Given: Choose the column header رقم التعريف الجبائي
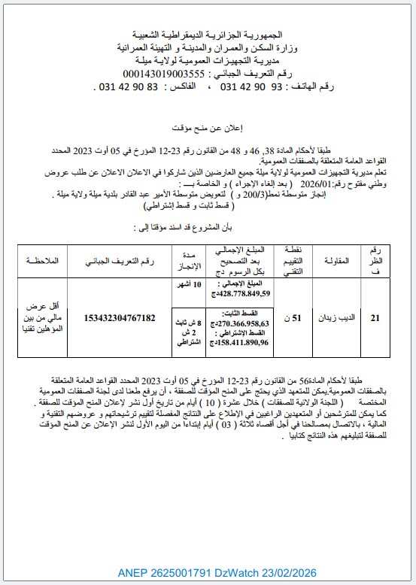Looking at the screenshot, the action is tap(121, 261).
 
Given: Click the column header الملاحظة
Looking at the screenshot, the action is tap(42, 261).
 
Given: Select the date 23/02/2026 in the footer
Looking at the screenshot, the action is tap(290, 572).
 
